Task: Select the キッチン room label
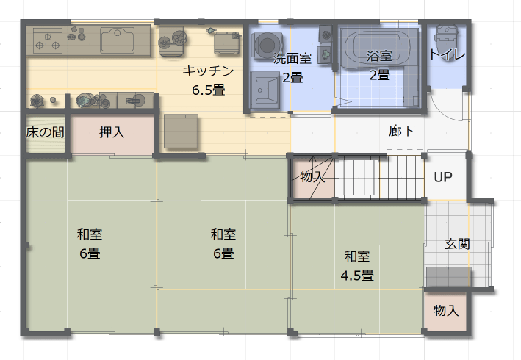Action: pos(208,71)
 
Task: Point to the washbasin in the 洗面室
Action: pos(262,92)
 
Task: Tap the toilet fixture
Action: pos(445,34)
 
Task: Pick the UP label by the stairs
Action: pos(442,177)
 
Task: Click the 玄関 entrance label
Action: pos(457,244)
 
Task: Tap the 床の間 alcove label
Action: pos(45,133)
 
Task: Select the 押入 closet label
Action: pos(112,133)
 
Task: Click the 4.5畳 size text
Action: pos(357,276)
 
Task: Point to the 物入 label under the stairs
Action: pos(312,177)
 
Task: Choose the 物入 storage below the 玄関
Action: pos(445,311)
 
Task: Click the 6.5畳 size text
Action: pos(208,91)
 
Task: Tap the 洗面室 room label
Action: pos(292,57)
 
